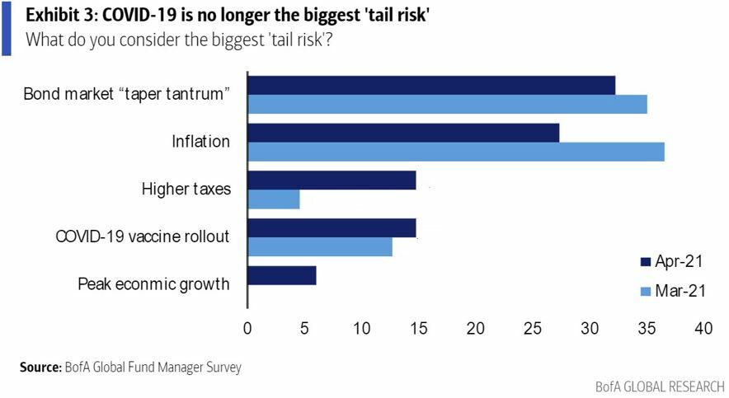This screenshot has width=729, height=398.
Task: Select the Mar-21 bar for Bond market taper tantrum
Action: point(446,104)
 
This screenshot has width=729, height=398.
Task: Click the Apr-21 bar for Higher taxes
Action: point(331,180)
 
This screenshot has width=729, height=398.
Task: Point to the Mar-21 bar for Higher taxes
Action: point(273,199)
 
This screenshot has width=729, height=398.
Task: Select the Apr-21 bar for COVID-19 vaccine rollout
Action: point(331,227)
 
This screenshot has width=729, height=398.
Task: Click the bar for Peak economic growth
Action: point(281,275)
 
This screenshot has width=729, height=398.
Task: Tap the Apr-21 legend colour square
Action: point(646,262)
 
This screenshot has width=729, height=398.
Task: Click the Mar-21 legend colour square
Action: point(646,291)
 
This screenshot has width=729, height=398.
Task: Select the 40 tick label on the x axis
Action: point(703,328)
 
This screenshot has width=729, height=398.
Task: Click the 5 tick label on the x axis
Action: point(305,328)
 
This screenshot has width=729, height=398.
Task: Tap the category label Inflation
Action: point(200,142)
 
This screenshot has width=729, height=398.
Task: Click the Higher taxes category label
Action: point(186,190)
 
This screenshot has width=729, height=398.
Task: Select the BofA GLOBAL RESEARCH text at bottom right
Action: point(659,386)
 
